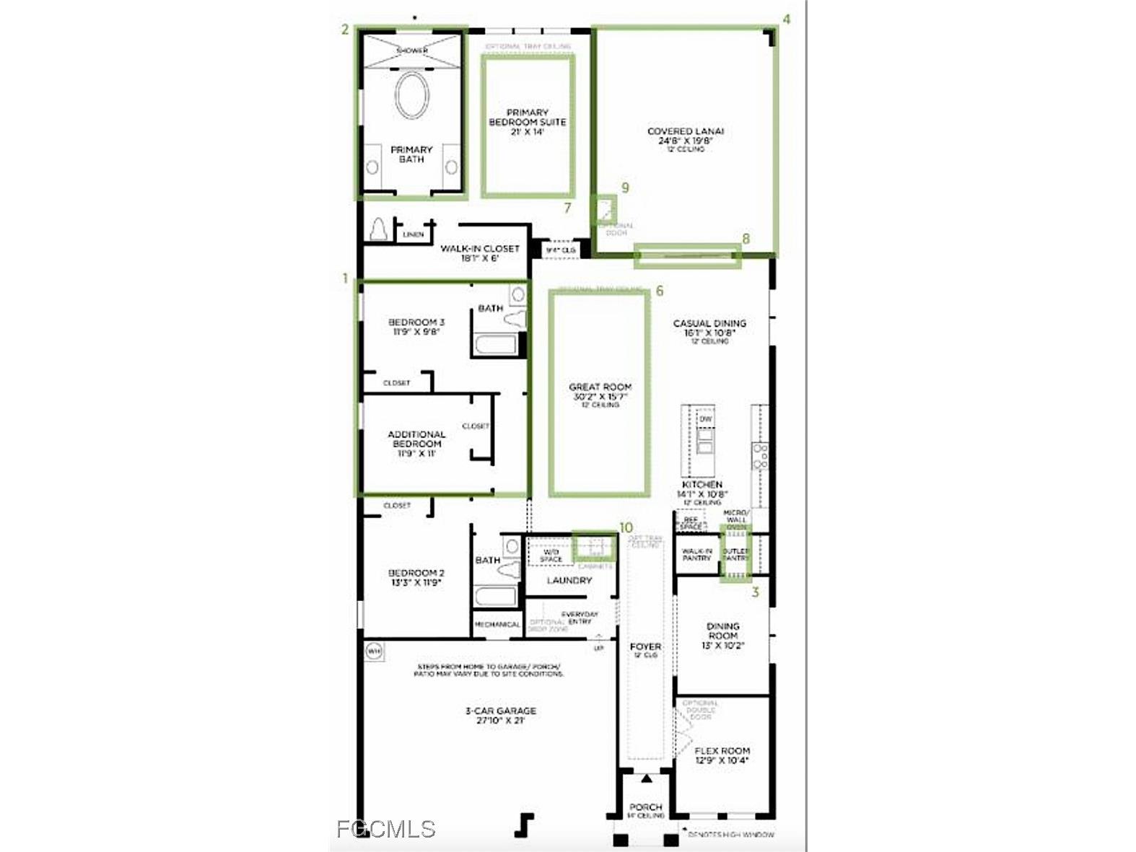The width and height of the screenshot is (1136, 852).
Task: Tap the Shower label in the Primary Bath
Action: pyautogui.click(x=412, y=50)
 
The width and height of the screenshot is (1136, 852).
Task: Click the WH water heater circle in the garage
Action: pyautogui.click(x=374, y=651)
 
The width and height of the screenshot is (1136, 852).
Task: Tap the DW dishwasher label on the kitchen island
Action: pyautogui.click(x=705, y=418)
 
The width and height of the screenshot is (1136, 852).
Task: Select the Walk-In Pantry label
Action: pyautogui.click(x=696, y=554)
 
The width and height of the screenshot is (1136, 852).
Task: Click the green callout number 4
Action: pyautogui.click(x=787, y=19)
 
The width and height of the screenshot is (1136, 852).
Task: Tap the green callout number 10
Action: pyautogui.click(x=626, y=528)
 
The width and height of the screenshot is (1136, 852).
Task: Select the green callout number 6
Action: pyautogui.click(x=659, y=291)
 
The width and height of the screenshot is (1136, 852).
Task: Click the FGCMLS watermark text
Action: pyautogui.click(x=386, y=829)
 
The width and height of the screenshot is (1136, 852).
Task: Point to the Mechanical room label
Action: pyautogui.click(x=498, y=624)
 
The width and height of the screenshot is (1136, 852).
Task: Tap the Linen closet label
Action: pyautogui.click(x=413, y=234)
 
